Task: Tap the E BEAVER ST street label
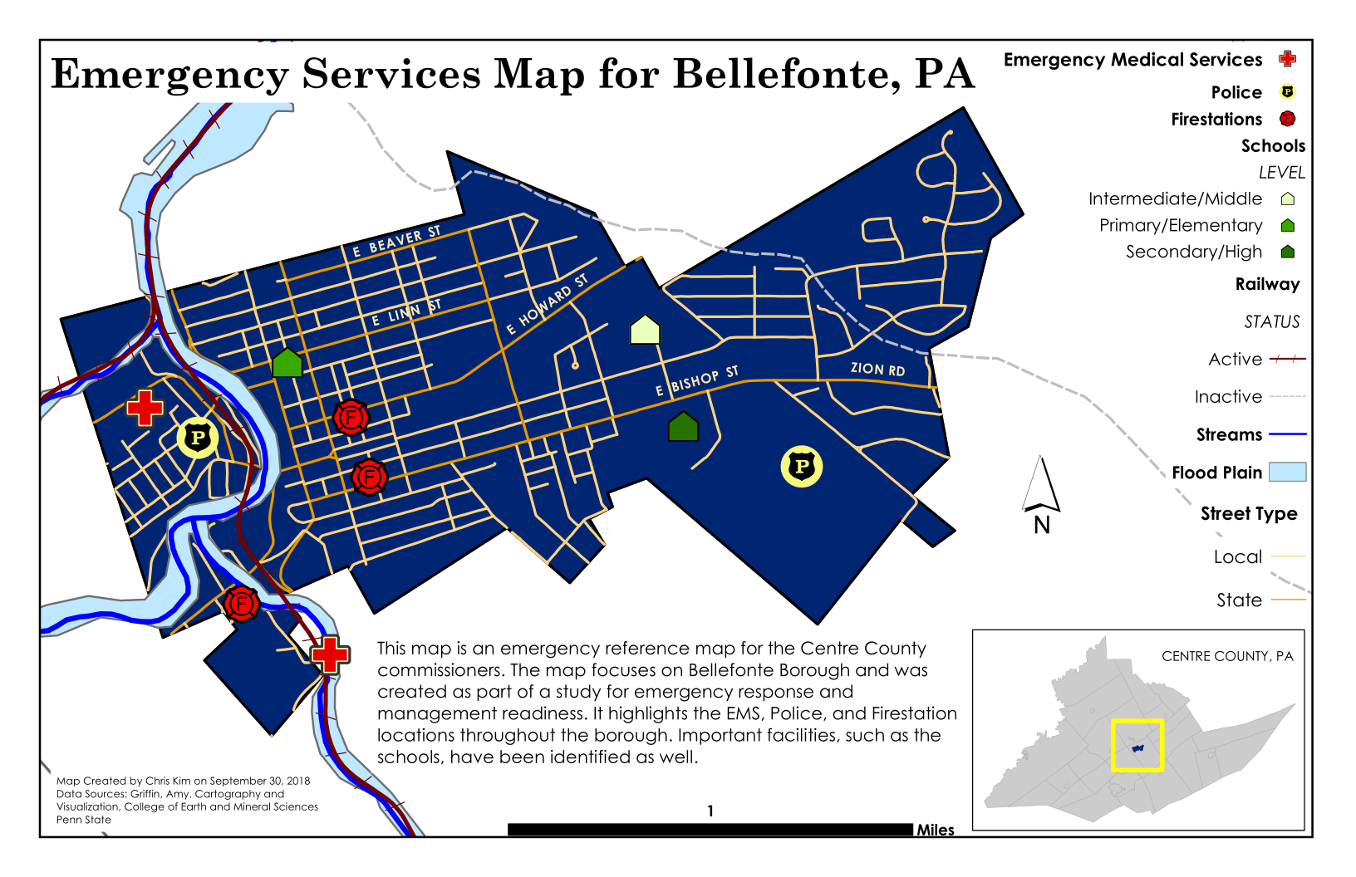point(396,241)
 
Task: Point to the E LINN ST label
point(406,313)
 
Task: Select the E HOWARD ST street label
point(548,304)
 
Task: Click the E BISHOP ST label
point(696,380)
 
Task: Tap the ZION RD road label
point(877,369)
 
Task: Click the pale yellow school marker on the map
point(645,330)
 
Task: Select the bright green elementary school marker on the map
point(287,363)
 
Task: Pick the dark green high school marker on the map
point(683,427)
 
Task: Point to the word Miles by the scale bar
point(936,830)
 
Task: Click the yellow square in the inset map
point(1137,746)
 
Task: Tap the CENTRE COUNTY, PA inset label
point(1227,656)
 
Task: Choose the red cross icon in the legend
point(1288,59)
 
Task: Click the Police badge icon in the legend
point(1288,92)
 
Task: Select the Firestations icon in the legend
point(1288,119)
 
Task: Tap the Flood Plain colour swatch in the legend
point(1288,473)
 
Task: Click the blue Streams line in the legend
point(1288,434)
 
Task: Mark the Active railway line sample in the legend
point(1288,359)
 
